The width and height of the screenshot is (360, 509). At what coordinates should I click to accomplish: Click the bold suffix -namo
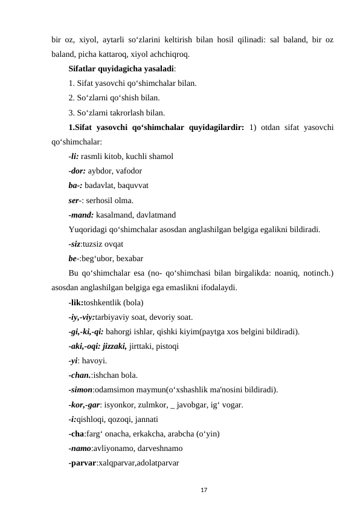[80, 448]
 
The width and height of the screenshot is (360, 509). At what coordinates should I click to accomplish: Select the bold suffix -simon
[81, 389]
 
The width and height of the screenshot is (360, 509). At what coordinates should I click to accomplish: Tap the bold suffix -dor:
[77, 170]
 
